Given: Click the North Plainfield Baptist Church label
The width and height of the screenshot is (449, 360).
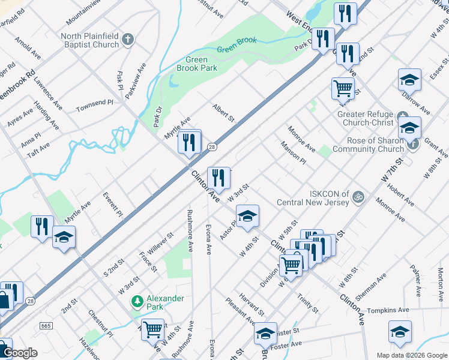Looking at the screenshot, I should (x=89, y=40).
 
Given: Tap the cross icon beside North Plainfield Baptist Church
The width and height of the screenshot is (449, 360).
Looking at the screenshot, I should (x=127, y=40).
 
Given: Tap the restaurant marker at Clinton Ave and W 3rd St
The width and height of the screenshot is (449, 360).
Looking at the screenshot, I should (x=218, y=178).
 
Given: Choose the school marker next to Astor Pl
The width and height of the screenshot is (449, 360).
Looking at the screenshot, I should (x=247, y=216).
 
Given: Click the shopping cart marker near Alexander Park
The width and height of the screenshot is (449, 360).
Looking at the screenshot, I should (x=152, y=329).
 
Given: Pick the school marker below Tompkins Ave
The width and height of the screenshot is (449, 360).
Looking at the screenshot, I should (x=400, y=332).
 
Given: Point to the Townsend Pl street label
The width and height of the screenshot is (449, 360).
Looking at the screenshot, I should (x=94, y=106).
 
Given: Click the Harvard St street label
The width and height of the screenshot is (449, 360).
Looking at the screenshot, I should (x=251, y=304).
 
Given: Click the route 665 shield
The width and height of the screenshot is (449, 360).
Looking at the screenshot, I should (x=46, y=325).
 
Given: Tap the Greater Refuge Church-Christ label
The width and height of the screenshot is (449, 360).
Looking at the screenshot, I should (x=365, y=118).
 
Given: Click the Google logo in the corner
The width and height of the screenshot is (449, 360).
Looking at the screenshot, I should (x=19, y=353).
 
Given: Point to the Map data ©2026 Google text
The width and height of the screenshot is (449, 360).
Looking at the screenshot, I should (x=411, y=355).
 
